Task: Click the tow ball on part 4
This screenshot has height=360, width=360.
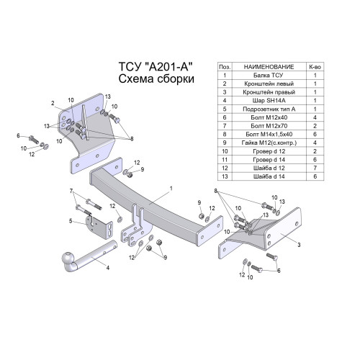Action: tap(68, 258)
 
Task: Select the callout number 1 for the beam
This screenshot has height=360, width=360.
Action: tap(171, 189)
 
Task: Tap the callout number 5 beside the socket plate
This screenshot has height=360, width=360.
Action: tap(71, 221)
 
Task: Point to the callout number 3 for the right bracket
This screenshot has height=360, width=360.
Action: tap(299, 245)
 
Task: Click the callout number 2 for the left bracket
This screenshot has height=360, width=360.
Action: tap(53, 103)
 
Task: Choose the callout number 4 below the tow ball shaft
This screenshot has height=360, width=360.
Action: tap(108, 267)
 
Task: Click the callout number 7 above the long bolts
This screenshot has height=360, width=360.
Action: tap(71, 191)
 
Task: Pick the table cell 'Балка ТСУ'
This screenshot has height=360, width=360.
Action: tap(269, 75)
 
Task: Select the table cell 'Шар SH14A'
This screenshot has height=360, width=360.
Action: tap(269, 100)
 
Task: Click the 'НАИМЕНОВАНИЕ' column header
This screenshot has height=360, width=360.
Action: tap(269, 67)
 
